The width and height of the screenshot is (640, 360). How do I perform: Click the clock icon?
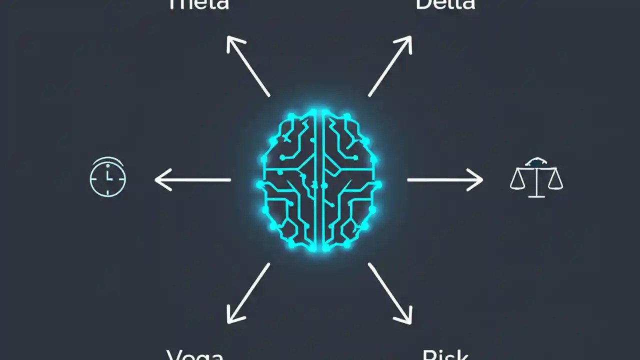tap(107, 177)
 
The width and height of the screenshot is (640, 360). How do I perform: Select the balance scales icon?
tap(536, 177)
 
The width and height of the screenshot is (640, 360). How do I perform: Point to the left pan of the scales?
tap(518, 183)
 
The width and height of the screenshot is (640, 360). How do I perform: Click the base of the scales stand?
tap(536, 195)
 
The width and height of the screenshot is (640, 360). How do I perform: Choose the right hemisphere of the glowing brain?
tap(350, 180)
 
